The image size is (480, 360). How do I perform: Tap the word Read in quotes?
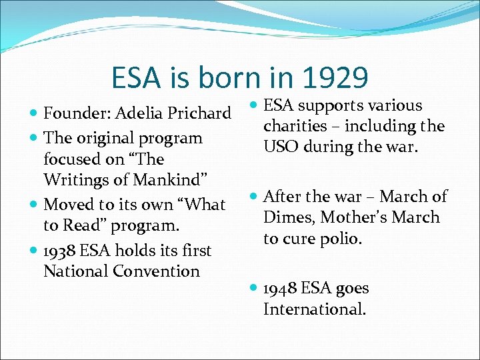tap(83, 225)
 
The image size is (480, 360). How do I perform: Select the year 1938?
tap(60, 251)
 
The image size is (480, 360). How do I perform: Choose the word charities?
tap(295, 126)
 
